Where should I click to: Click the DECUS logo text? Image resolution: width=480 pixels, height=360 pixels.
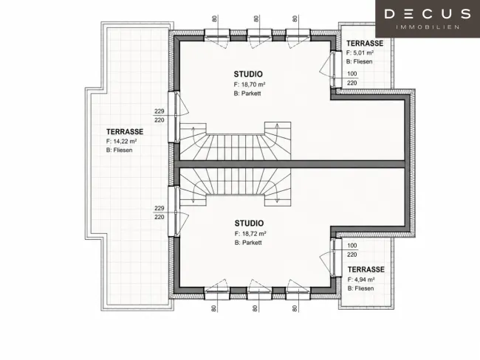click(x=428, y=14)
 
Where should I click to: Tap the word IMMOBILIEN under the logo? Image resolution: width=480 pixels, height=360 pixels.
click(x=428, y=27)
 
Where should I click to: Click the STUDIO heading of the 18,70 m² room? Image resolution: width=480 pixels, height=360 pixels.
click(x=248, y=74)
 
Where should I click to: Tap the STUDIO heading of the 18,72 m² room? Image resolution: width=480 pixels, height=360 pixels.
click(x=249, y=223)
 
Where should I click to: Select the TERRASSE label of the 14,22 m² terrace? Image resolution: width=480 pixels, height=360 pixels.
click(x=125, y=131)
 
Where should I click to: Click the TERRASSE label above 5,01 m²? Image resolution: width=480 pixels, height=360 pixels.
click(x=365, y=43)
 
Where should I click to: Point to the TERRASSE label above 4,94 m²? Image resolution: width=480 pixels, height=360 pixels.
click(x=366, y=269)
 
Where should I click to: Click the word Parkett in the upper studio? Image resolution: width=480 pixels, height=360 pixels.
click(x=251, y=93)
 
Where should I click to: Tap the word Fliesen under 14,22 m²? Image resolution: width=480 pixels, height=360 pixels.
click(x=123, y=150)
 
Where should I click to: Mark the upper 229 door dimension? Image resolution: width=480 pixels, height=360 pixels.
click(x=160, y=111)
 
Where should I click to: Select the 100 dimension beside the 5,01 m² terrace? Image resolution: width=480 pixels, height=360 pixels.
click(x=352, y=74)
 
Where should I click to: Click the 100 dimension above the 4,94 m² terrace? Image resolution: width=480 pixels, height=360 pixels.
click(x=352, y=246)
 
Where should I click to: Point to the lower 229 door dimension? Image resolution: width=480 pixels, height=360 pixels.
click(x=160, y=208)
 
